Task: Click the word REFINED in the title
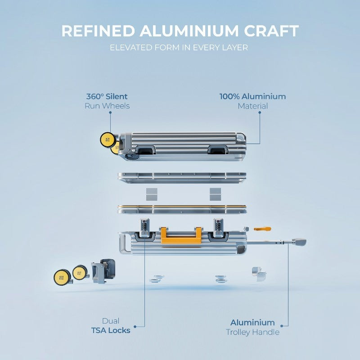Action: (x=98, y=31)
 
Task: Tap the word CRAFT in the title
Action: (x=271, y=31)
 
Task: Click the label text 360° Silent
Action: (x=107, y=96)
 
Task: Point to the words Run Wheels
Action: (x=107, y=106)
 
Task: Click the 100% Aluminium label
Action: (x=252, y=96)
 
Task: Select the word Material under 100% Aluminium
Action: (x=252, y=106)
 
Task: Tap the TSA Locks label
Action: (x=111, y=330)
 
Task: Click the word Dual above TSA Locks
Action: (x=111, y=321)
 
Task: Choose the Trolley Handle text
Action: (x=252, y=332)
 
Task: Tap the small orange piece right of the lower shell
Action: (x=262, y=229)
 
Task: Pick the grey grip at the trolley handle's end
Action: (x=299, y=242)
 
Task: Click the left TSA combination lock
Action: (x=145, y=227)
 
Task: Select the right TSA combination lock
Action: (x=218, y=227)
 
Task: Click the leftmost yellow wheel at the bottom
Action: (x=62, y=277)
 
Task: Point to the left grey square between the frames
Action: (x=152, y=194)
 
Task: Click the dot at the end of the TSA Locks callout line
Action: (x=135, y=327)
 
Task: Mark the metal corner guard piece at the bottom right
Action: (x=259, y=274)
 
